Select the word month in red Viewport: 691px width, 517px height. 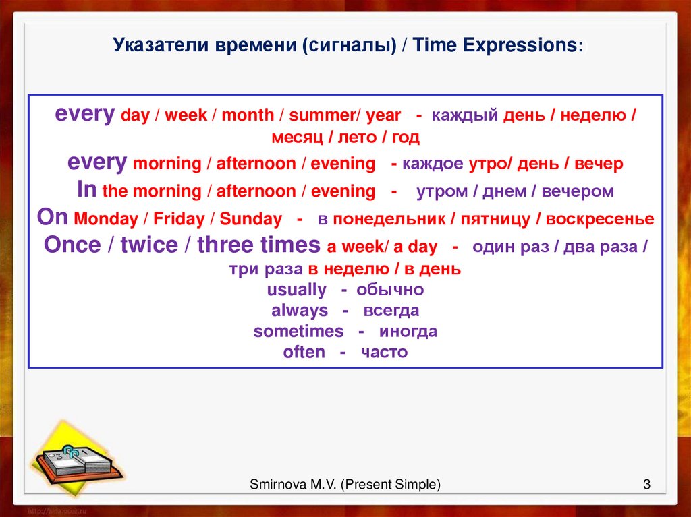coord(248,115)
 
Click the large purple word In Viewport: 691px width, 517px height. coord(86,189)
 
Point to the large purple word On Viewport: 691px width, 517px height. coord(53,217)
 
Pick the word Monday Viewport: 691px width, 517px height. coord(106,219)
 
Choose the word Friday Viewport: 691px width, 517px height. coord(179,219)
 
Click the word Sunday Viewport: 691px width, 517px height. coord(251,219)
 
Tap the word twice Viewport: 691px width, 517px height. coord(149,245)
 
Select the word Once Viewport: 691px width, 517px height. coord(72,245)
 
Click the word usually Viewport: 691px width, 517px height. coord(297,291)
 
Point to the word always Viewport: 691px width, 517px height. coord(300,311)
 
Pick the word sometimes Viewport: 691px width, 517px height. coord(298,331)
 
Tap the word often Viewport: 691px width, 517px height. coord(304,352)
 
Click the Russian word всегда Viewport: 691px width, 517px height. coord(391,311)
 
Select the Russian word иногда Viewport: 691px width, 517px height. coord(408,332)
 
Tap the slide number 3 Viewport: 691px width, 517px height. coord(646,485)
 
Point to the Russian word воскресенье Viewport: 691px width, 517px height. coord(600,219)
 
